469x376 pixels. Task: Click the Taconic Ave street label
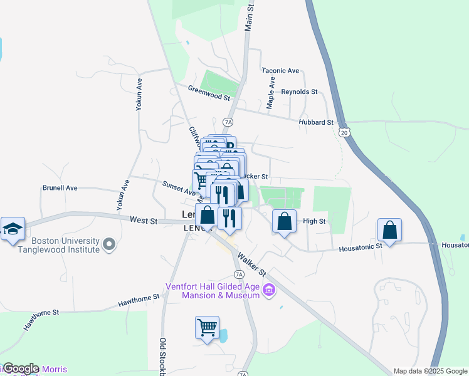280,71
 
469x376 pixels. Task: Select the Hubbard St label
316,123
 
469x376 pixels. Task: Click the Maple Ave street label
271,93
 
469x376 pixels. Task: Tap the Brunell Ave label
60,187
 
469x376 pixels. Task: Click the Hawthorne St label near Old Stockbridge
139,300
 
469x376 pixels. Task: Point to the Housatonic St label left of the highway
361,248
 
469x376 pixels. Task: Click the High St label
314,221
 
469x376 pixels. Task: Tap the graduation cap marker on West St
13,229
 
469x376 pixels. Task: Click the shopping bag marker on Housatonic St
390,230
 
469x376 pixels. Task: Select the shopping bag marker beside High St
284,221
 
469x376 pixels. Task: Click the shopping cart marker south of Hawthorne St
207,327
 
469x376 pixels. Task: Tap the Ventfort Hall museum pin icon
270,291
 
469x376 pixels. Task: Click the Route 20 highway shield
343,132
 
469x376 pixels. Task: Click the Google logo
21,368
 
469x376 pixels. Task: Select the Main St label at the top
250,16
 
